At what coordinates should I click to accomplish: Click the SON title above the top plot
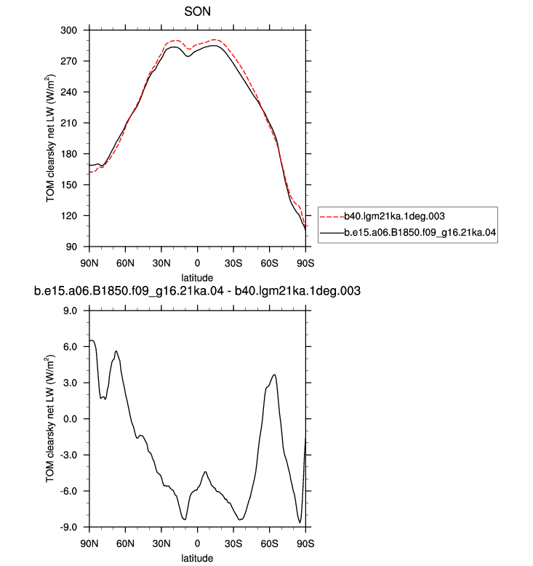click(197, 12)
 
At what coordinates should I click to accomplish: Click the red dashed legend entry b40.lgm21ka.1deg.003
click(382, 216)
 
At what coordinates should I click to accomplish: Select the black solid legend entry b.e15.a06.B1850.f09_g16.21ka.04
click(408, 233)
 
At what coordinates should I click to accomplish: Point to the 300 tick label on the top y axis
click(69, 31)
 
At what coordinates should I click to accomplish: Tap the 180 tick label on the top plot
click(69, 154)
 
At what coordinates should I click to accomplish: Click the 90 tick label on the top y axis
click(71, 247)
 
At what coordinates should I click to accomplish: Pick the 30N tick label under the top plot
click(161, 263)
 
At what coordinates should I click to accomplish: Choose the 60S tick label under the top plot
click(270, 263)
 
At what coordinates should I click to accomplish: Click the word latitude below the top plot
click(197, 278)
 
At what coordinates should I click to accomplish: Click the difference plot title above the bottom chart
click(197, 291)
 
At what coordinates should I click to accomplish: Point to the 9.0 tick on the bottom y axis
click(71, 311)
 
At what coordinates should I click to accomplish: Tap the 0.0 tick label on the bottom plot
click(71, 419)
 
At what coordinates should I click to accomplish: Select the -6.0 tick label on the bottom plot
click(69, 491)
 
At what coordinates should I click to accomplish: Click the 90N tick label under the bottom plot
click(89, 543)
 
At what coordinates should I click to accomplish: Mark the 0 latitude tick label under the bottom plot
click(197, 543)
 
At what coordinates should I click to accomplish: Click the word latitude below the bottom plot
click(197, 558)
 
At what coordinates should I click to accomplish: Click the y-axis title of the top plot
click(50, 138)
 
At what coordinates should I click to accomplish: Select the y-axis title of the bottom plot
click(50, 419)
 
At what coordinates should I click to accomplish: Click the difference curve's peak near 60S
click(275, 375)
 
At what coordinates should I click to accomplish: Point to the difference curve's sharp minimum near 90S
click(300, 522)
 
